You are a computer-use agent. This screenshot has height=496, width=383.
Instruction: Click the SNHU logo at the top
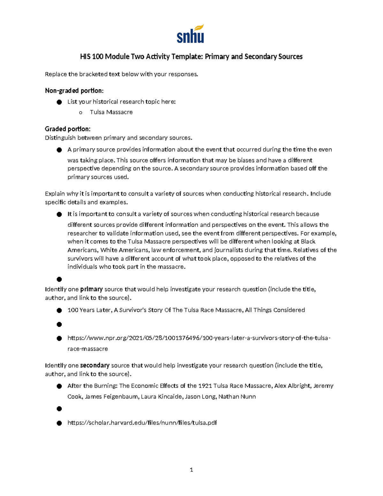(x=190, y=34)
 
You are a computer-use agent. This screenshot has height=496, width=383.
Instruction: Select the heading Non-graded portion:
(x=74, y=91)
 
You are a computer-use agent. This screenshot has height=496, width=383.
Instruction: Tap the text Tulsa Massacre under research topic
(x=111, y=112)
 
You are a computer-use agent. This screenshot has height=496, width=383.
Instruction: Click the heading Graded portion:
(x=68, y=129)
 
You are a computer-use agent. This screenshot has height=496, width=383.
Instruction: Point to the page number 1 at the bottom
(x=191, y=469)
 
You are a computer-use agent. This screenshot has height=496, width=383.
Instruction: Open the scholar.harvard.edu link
(x=142, y=423)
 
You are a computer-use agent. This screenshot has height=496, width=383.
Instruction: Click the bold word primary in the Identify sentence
(x=91, y=289)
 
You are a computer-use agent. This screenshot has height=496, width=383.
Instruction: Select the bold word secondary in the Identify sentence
(x=95, y=365)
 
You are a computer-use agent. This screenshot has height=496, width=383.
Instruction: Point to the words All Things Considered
(x=275, y=310)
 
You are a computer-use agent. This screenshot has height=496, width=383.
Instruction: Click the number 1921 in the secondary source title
(x=205, y=386)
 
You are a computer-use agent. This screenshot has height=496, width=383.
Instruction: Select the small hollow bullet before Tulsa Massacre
(x=80, y=112)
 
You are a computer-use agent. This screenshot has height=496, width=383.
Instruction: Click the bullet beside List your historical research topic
(x=59, y=102)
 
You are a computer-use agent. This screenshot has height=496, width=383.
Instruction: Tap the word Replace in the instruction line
(x=56, y=74)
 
